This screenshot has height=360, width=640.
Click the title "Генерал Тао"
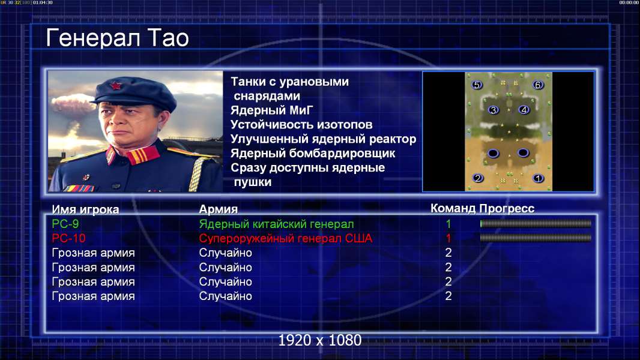click(117, 38)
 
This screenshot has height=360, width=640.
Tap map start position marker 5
click(476, 85)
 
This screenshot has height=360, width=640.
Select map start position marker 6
click(537, 85)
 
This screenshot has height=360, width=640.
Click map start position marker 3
click(494, 110)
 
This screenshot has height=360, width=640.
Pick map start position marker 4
click(524, 110)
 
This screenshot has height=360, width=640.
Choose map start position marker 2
click(477, 178)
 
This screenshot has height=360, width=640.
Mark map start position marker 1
click(538, 178)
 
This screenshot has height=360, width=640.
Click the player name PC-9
click(65, 224)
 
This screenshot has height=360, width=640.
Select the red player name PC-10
click(68, 238)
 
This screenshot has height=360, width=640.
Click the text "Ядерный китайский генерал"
click(276, 224)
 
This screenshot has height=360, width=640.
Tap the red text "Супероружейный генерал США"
click(286, 239)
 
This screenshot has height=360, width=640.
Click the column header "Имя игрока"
click(85, 209)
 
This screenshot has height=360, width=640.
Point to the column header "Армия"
click(219, 209)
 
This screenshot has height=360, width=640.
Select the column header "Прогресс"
click(507, 209)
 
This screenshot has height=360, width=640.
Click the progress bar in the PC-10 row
click(536, 238)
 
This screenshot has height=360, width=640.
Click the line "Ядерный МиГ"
click(272, 110)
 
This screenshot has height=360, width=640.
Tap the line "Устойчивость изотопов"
click(301, 125)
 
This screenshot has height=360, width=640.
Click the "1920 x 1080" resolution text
click(319, 340)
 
